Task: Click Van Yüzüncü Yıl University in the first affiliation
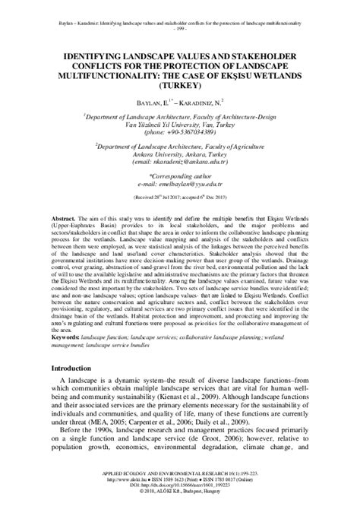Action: tap(172, 124)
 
